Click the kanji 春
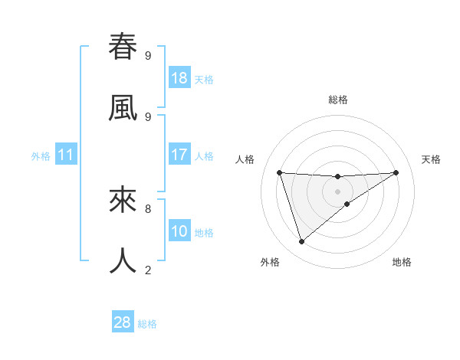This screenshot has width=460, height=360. [x=123, y=47]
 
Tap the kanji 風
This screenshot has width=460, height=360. [x=123, y=107]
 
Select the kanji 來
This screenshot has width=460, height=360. [x=123, y=200]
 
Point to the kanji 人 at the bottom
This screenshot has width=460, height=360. [x=123, y=260]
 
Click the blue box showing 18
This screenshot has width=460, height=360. [x=179, y=78]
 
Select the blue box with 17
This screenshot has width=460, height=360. [x=179, y=155]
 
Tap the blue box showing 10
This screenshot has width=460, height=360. [x=179, y=231]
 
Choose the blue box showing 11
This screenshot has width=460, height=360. [x=66, y=155]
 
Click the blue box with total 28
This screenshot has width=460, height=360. [x=123, y=322]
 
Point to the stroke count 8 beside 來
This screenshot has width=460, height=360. [x=148, y=208]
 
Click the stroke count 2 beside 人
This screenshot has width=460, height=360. [x=148, y=269]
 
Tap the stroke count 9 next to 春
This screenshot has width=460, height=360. [x=148, y=55]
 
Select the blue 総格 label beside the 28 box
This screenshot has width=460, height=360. [x=147, y=324]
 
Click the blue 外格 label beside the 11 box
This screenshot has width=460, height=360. [x=41, y=156]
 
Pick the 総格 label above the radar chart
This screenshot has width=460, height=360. [x=338, y=100]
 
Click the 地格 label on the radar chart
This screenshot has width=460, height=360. [x=402, y=262]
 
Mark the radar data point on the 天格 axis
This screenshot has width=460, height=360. [x=396, y=172]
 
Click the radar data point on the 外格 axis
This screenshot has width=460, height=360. [x=301, y=241]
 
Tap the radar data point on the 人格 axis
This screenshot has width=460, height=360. [x=280, y=172]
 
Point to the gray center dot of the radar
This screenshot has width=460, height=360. [x=338, y=191]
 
